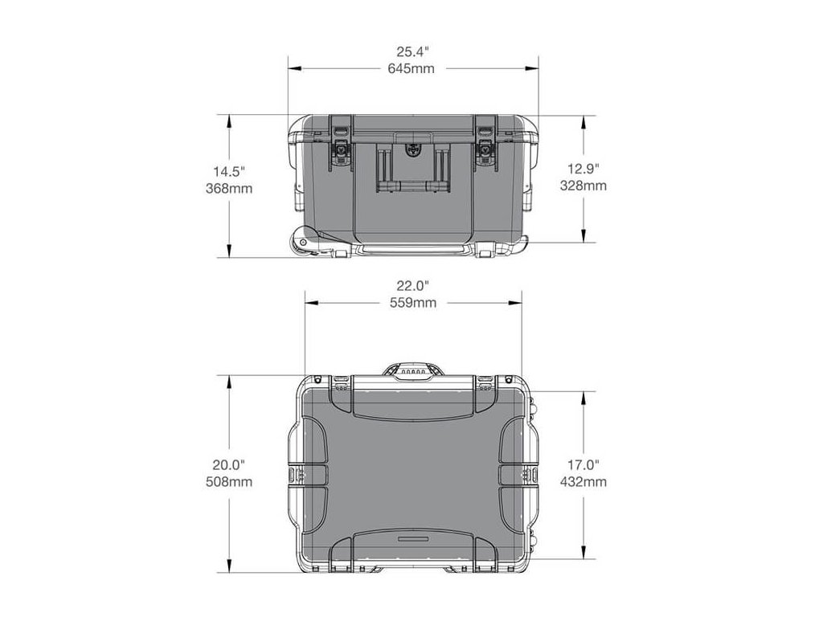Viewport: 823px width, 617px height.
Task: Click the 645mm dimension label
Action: (x=411, y=69)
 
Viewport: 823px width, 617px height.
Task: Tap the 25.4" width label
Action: (x=412, y=51)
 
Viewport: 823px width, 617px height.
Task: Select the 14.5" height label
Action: (x=229, y=171)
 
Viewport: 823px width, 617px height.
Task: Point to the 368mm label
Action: (x=229, y=188)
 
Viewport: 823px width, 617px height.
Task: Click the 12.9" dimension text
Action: (x=583, y=169)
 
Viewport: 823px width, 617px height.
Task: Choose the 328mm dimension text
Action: (x=583, y=186)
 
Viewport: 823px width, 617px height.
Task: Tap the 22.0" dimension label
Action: (x=412, y=286)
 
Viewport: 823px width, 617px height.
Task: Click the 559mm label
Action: (x=413, y=303)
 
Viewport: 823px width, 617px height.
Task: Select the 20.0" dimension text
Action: (x=229, y=464)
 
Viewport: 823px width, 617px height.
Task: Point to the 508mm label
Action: (x=229, y=482)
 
